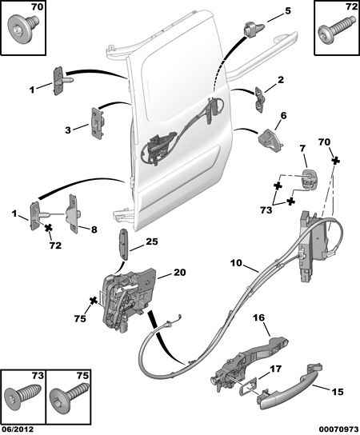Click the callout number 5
click(287, 11)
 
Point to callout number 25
click(151, 241)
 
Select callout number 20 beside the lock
click(179, 272)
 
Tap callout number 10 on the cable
click(236, 263)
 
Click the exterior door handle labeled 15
click(289, 385)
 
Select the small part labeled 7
click(310, 179)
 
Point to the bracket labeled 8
click(74, 214)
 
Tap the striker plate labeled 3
click(98, 123)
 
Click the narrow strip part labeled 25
click(123, 244)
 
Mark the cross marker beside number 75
click(94, 301)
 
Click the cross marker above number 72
click(49, 229)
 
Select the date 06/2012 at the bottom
click(17, 429)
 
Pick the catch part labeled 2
click(260, 99)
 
